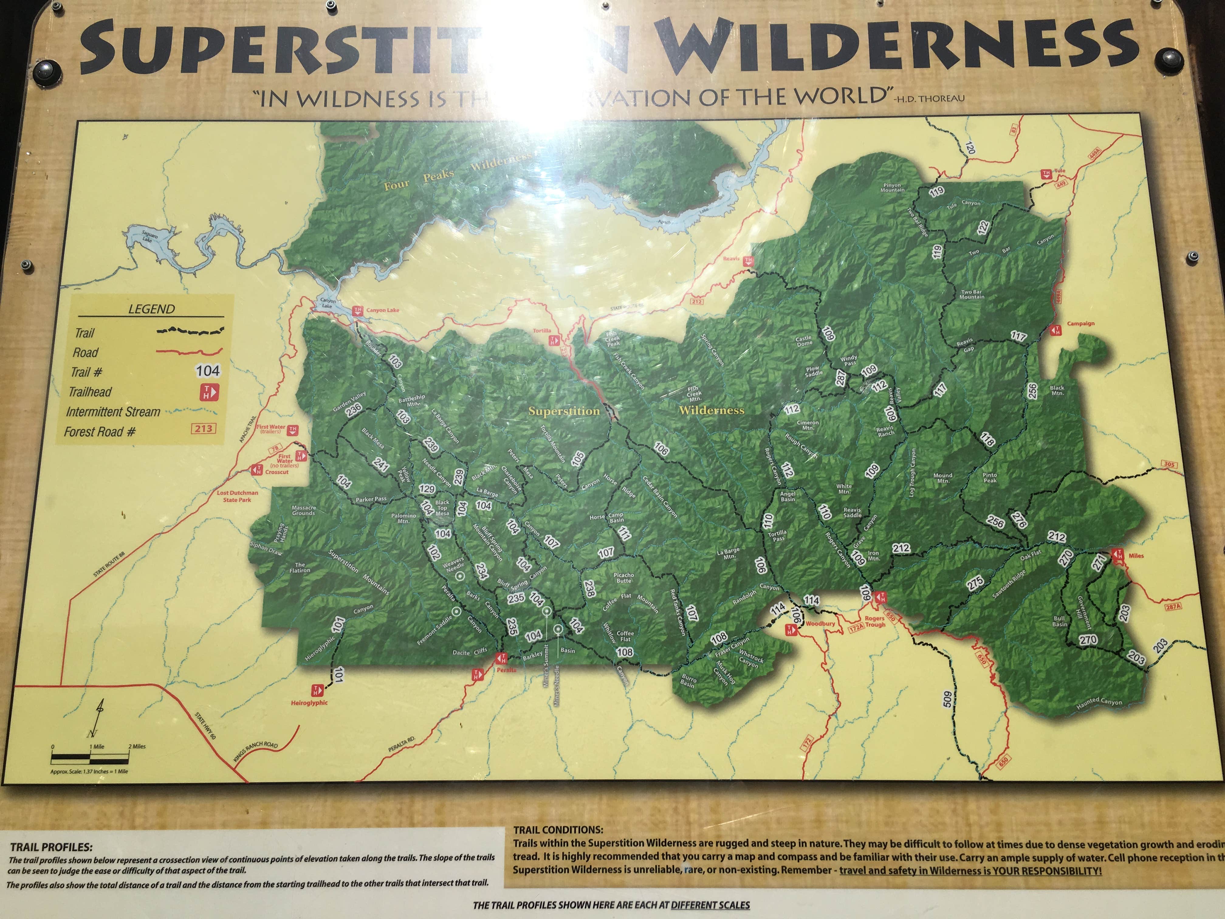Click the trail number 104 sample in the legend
pyautogui.click(x=208, y=370)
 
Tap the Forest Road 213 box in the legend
pyautogui.click(x=203, y=428)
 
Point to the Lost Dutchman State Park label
pyautogui.click(x=237, y=496)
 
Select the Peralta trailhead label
pyautogui.click(x=506, y=670)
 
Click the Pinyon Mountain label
pyautogui.click(x=892, y=187)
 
